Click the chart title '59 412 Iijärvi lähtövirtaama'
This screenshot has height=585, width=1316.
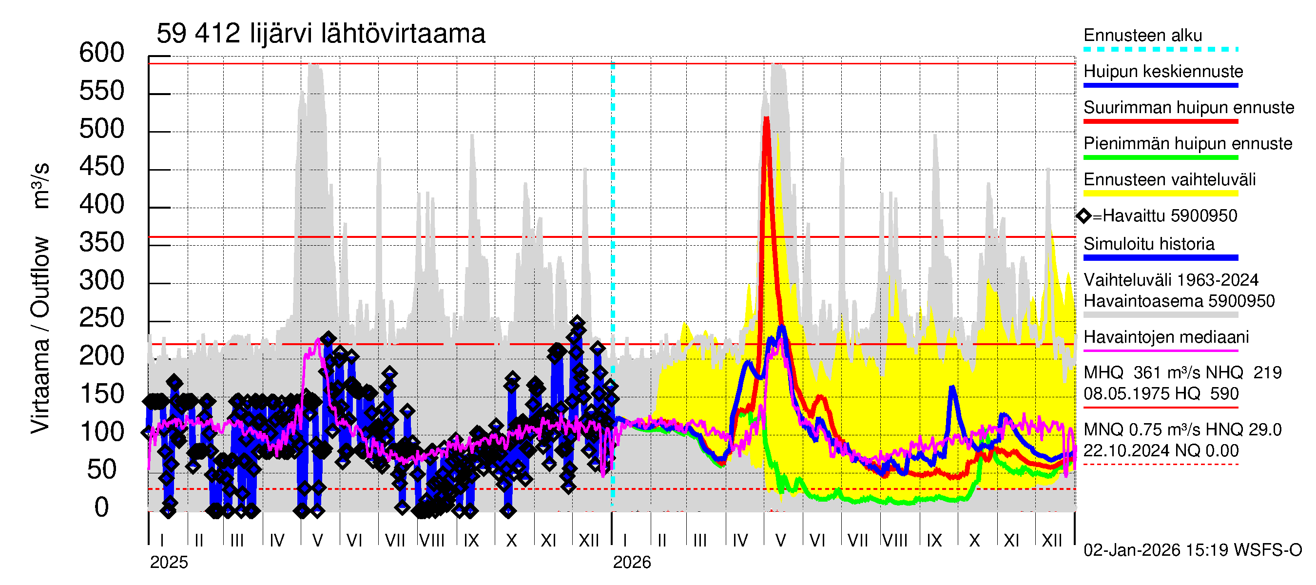click(320, 34)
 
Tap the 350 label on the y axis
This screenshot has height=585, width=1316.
click(102, 243)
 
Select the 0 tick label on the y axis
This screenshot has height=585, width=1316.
click(102, 507)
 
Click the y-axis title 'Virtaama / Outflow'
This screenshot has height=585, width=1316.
click(40, 334)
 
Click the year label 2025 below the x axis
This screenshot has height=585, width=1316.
click(169, 563)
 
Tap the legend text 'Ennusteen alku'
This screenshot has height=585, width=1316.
click(1142, 36)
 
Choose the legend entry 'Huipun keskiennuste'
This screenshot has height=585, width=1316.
click(1163, 72)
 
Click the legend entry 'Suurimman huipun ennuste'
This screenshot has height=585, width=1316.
click(1188, 108)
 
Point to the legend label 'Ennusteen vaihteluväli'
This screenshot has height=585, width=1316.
click(1169, 180)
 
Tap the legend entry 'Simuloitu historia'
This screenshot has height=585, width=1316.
click(1148, 244)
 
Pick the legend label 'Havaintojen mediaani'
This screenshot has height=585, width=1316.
click(1166, 337)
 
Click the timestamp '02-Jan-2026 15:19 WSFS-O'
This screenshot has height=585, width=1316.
click(1192, 550)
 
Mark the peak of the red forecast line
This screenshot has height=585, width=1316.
click(766, 119)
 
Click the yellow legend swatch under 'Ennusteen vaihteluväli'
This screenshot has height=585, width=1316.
click(1160, 194)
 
